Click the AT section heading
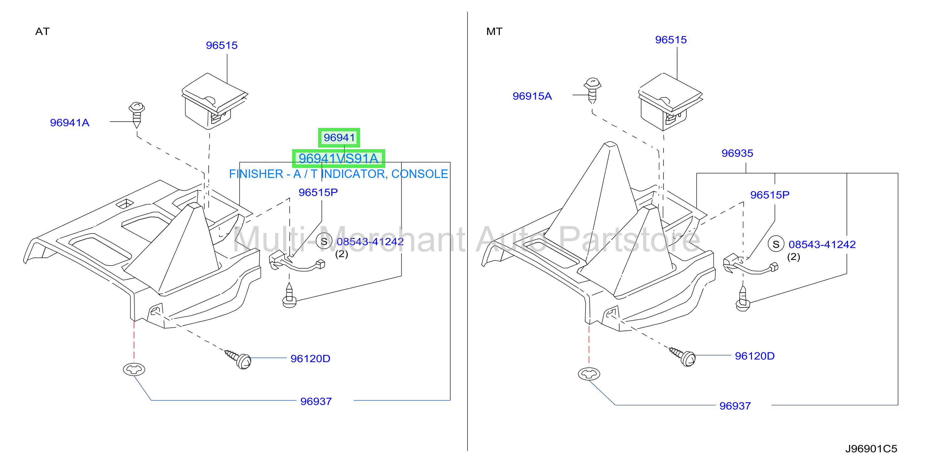42,32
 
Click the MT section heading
494,32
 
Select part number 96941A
69,123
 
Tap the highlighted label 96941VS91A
338,159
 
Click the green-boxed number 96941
339,138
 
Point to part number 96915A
532,96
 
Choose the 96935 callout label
737,153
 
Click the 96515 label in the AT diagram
222,45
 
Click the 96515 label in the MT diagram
671,40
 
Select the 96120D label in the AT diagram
310,358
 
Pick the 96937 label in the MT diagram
735,406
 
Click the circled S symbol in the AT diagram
324,241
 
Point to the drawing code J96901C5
871,449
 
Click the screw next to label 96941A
137,114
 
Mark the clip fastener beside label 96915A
592,90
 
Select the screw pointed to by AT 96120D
238,359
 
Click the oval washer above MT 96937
589,374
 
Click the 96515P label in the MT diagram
770,195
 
